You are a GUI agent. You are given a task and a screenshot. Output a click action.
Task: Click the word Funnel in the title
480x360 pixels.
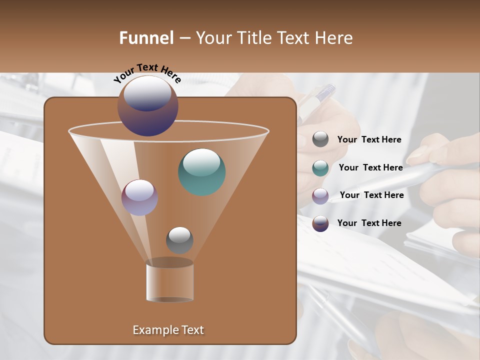pos(146,38)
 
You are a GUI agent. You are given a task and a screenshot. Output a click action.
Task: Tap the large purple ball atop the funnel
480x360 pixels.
pos(148,106)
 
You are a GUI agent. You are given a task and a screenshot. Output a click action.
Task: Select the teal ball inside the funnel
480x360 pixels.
pos(202,172)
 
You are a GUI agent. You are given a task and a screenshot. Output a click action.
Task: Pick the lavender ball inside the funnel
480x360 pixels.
pos(139,197)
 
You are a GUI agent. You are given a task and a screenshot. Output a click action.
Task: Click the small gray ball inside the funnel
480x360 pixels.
pos(179,240)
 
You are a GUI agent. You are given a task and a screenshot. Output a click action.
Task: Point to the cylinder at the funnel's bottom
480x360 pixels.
pos(170,281)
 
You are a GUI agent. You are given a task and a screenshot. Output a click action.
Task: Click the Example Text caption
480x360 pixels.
pos(168,330)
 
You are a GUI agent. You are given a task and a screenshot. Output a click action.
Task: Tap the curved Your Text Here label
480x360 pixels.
pos(147,72)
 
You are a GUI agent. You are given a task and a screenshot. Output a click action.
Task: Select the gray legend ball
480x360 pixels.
pos(320,139)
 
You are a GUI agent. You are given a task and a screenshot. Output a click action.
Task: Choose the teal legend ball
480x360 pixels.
pos(320,168)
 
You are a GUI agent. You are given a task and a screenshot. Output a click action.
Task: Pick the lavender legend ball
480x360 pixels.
pos(320,196)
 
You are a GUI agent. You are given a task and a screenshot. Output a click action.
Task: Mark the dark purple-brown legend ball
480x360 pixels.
pos(320,223)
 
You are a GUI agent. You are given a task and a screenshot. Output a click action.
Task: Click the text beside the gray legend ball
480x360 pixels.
pos(369,140)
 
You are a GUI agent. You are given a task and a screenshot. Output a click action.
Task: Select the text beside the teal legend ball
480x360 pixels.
pos(370,168)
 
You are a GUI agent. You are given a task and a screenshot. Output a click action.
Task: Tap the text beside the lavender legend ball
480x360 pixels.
pos(371,195)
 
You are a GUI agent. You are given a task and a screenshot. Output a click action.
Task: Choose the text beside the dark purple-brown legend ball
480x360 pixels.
pos(369,223)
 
